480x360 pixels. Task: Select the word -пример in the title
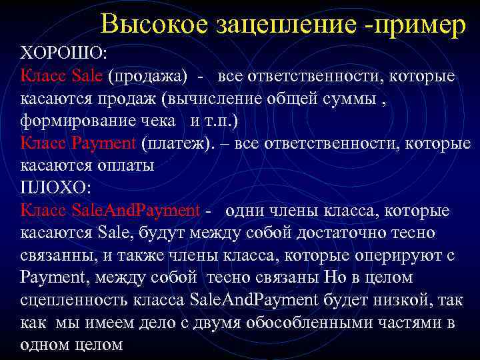point(415,25)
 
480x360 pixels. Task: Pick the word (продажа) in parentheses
point(148,75)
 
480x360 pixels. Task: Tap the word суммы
point(365,98)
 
